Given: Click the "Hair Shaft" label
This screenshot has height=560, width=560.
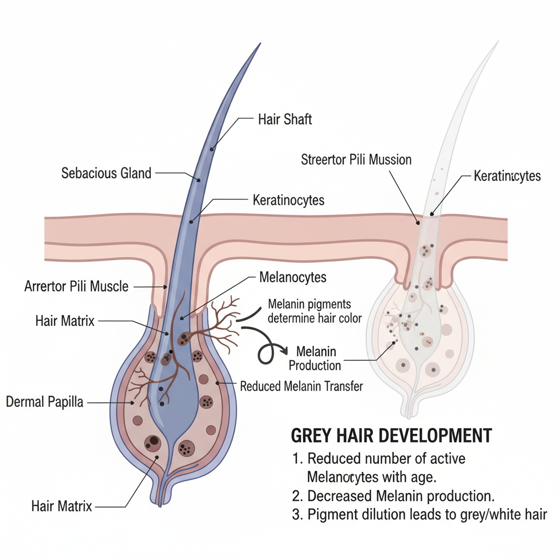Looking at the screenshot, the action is point(285,119).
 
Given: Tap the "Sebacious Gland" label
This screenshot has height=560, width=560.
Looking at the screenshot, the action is point(107,173).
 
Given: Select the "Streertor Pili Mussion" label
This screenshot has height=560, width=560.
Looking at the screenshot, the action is point(356,160).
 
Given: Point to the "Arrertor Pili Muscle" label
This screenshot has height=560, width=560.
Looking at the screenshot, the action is point(77,287).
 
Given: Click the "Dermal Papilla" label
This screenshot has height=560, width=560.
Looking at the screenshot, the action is point(45,402).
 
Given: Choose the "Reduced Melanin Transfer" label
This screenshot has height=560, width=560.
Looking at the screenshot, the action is point(301,387).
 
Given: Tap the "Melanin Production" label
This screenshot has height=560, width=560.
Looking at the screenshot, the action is point(315,359).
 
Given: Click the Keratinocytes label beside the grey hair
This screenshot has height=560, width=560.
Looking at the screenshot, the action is point(507,176).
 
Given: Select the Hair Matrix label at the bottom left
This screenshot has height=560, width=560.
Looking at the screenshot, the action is point(62,506).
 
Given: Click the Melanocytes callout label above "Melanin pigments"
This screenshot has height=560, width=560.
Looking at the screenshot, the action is point(293,277).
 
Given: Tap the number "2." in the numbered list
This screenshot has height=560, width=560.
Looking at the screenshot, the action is point(297,496).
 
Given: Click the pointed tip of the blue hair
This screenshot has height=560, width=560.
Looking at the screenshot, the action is point(260,44).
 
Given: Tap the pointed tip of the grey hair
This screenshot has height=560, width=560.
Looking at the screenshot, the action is point(498,42).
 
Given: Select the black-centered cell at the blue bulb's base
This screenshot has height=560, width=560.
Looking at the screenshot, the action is point(153,443).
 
